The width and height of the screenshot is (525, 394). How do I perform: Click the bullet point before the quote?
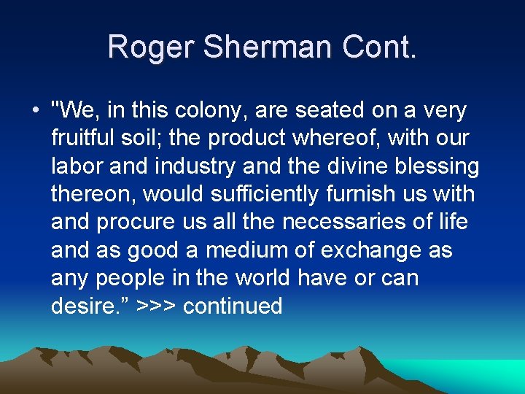coord(34,111)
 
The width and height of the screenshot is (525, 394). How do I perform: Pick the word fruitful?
coord(82,139)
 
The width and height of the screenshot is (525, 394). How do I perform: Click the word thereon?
coord(93,194)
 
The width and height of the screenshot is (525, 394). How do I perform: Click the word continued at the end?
coord(233,305)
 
